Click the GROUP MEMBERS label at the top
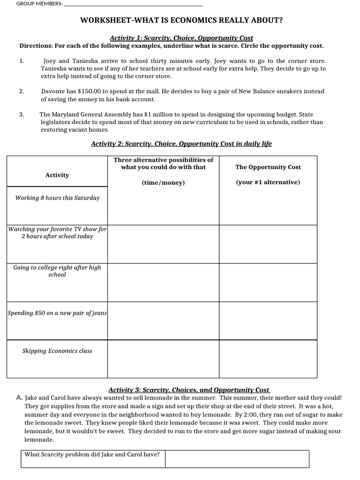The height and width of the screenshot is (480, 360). (39, 4)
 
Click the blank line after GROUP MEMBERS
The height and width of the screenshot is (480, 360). (133, 5)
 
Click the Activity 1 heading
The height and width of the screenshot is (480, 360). (181, 38)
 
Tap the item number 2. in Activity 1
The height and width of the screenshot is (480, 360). (22, 91)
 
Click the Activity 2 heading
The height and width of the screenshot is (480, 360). (181, 144)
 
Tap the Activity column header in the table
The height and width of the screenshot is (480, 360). (57, 175)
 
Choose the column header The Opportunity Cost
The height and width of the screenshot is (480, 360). (268, 167)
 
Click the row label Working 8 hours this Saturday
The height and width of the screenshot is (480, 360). (57, 198)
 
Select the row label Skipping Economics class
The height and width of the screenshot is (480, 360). (57, 351)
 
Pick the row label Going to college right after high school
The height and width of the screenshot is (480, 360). (57, 271)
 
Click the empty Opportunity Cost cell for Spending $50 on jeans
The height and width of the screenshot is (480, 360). (268, 321)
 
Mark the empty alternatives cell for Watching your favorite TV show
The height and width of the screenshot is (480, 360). (164, 244)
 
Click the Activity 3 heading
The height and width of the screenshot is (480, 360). (189, 390)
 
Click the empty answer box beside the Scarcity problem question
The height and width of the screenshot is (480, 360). (237, 458)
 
